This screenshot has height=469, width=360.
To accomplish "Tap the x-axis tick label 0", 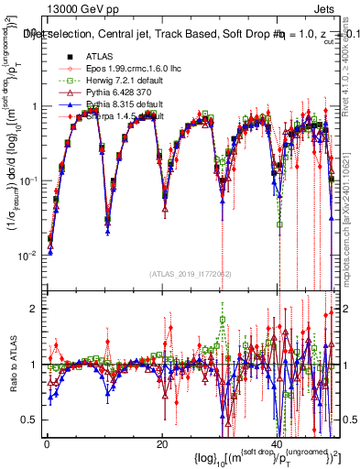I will [x=47, y=444].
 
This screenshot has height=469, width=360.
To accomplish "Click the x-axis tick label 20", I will [x=161, y=444].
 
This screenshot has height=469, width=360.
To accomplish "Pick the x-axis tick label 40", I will [x=276, y=444].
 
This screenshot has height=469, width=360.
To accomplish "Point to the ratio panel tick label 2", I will [x=32, y=309].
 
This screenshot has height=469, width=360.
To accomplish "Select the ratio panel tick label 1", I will [x=32, y=365].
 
